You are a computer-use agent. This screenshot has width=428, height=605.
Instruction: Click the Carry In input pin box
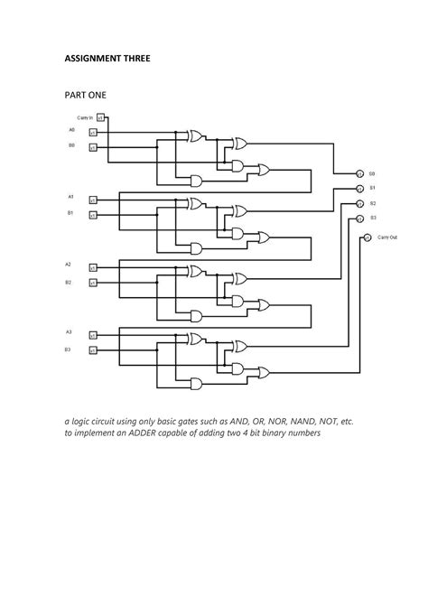click(x=101, y=117)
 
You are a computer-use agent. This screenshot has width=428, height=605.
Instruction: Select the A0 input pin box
click(x=92, y=132)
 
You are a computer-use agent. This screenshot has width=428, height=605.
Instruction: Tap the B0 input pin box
click(x=92, y=146)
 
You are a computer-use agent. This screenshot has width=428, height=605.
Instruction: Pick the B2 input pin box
click(x=92, y=284)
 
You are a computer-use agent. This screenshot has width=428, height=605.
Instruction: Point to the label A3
click(x=69, y=332)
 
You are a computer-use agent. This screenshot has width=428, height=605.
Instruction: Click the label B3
click(x=69, y=349)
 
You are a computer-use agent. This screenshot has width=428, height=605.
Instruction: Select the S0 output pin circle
click(x=358, y=172)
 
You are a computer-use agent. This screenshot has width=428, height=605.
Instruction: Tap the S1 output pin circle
click(x=358, y=189)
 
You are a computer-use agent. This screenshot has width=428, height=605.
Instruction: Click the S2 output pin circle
click(x=358, y=204)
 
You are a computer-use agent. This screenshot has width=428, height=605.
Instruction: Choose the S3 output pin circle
click(x=358, y=219)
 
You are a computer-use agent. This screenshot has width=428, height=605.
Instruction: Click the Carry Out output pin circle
click(x=368, y=237)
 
